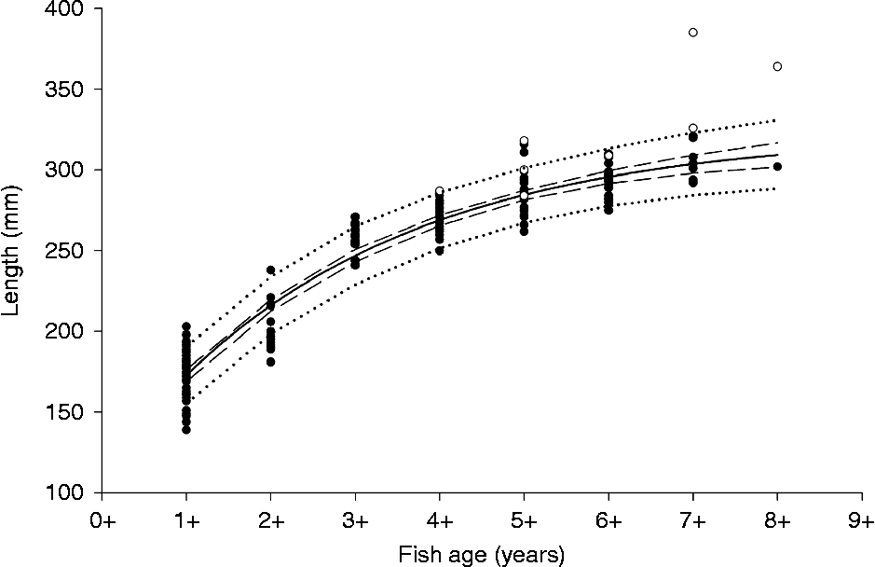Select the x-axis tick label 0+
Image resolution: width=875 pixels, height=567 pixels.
tap(103, 522)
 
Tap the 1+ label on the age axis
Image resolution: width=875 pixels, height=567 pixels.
tap(186, 522)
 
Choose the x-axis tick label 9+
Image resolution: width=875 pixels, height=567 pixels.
tap(861, 522)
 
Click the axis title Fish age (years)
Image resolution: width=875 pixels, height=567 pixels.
tap(481, 557)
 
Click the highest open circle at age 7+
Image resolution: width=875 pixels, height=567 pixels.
tap(692, 33)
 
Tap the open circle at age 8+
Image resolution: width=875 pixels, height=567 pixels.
tap(777, 66)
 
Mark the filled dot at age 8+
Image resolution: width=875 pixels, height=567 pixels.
tap(777, 167)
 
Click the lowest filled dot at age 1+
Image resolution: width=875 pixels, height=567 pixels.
tap(186, 430)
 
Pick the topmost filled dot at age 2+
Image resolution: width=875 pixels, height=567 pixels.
tap(271, 270)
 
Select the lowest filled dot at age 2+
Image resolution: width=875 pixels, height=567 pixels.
tap(271, 362)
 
